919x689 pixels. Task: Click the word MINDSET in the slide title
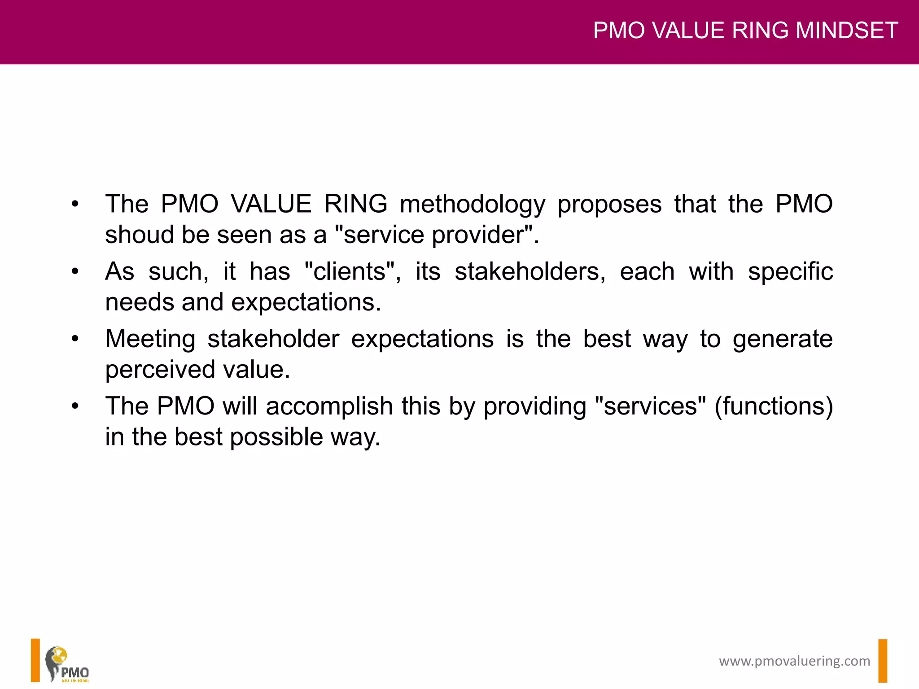[x=846, y=31]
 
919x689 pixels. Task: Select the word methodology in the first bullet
[x=473, y=205]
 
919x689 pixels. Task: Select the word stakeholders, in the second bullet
[x=530, y=272]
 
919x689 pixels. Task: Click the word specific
[x=790, y=272]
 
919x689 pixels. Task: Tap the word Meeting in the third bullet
[x=150, y=339]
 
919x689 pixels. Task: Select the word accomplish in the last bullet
[x=329, y=406]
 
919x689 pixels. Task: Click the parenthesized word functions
[x=774, y=406]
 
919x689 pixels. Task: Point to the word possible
[x=276, y=437]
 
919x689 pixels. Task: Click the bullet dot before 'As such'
[x=75, y=272]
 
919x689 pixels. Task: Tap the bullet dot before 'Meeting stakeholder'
[x=75, y=339]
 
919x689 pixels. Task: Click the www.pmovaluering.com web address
[x=794, y=661]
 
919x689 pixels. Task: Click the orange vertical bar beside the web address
[x=883, y=661]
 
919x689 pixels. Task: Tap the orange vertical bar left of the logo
[x=35, y=660]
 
